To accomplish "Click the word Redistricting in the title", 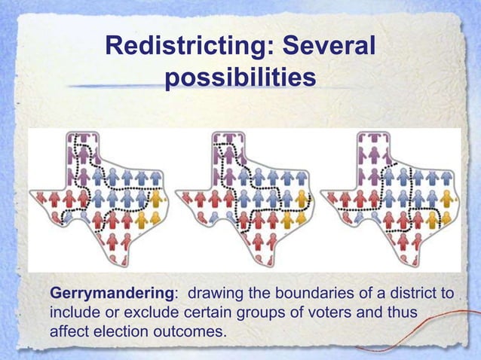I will pos(188,48).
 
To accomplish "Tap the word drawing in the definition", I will pos(214,292).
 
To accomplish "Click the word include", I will pos(75,312).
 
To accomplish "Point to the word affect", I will pos(69,331).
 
